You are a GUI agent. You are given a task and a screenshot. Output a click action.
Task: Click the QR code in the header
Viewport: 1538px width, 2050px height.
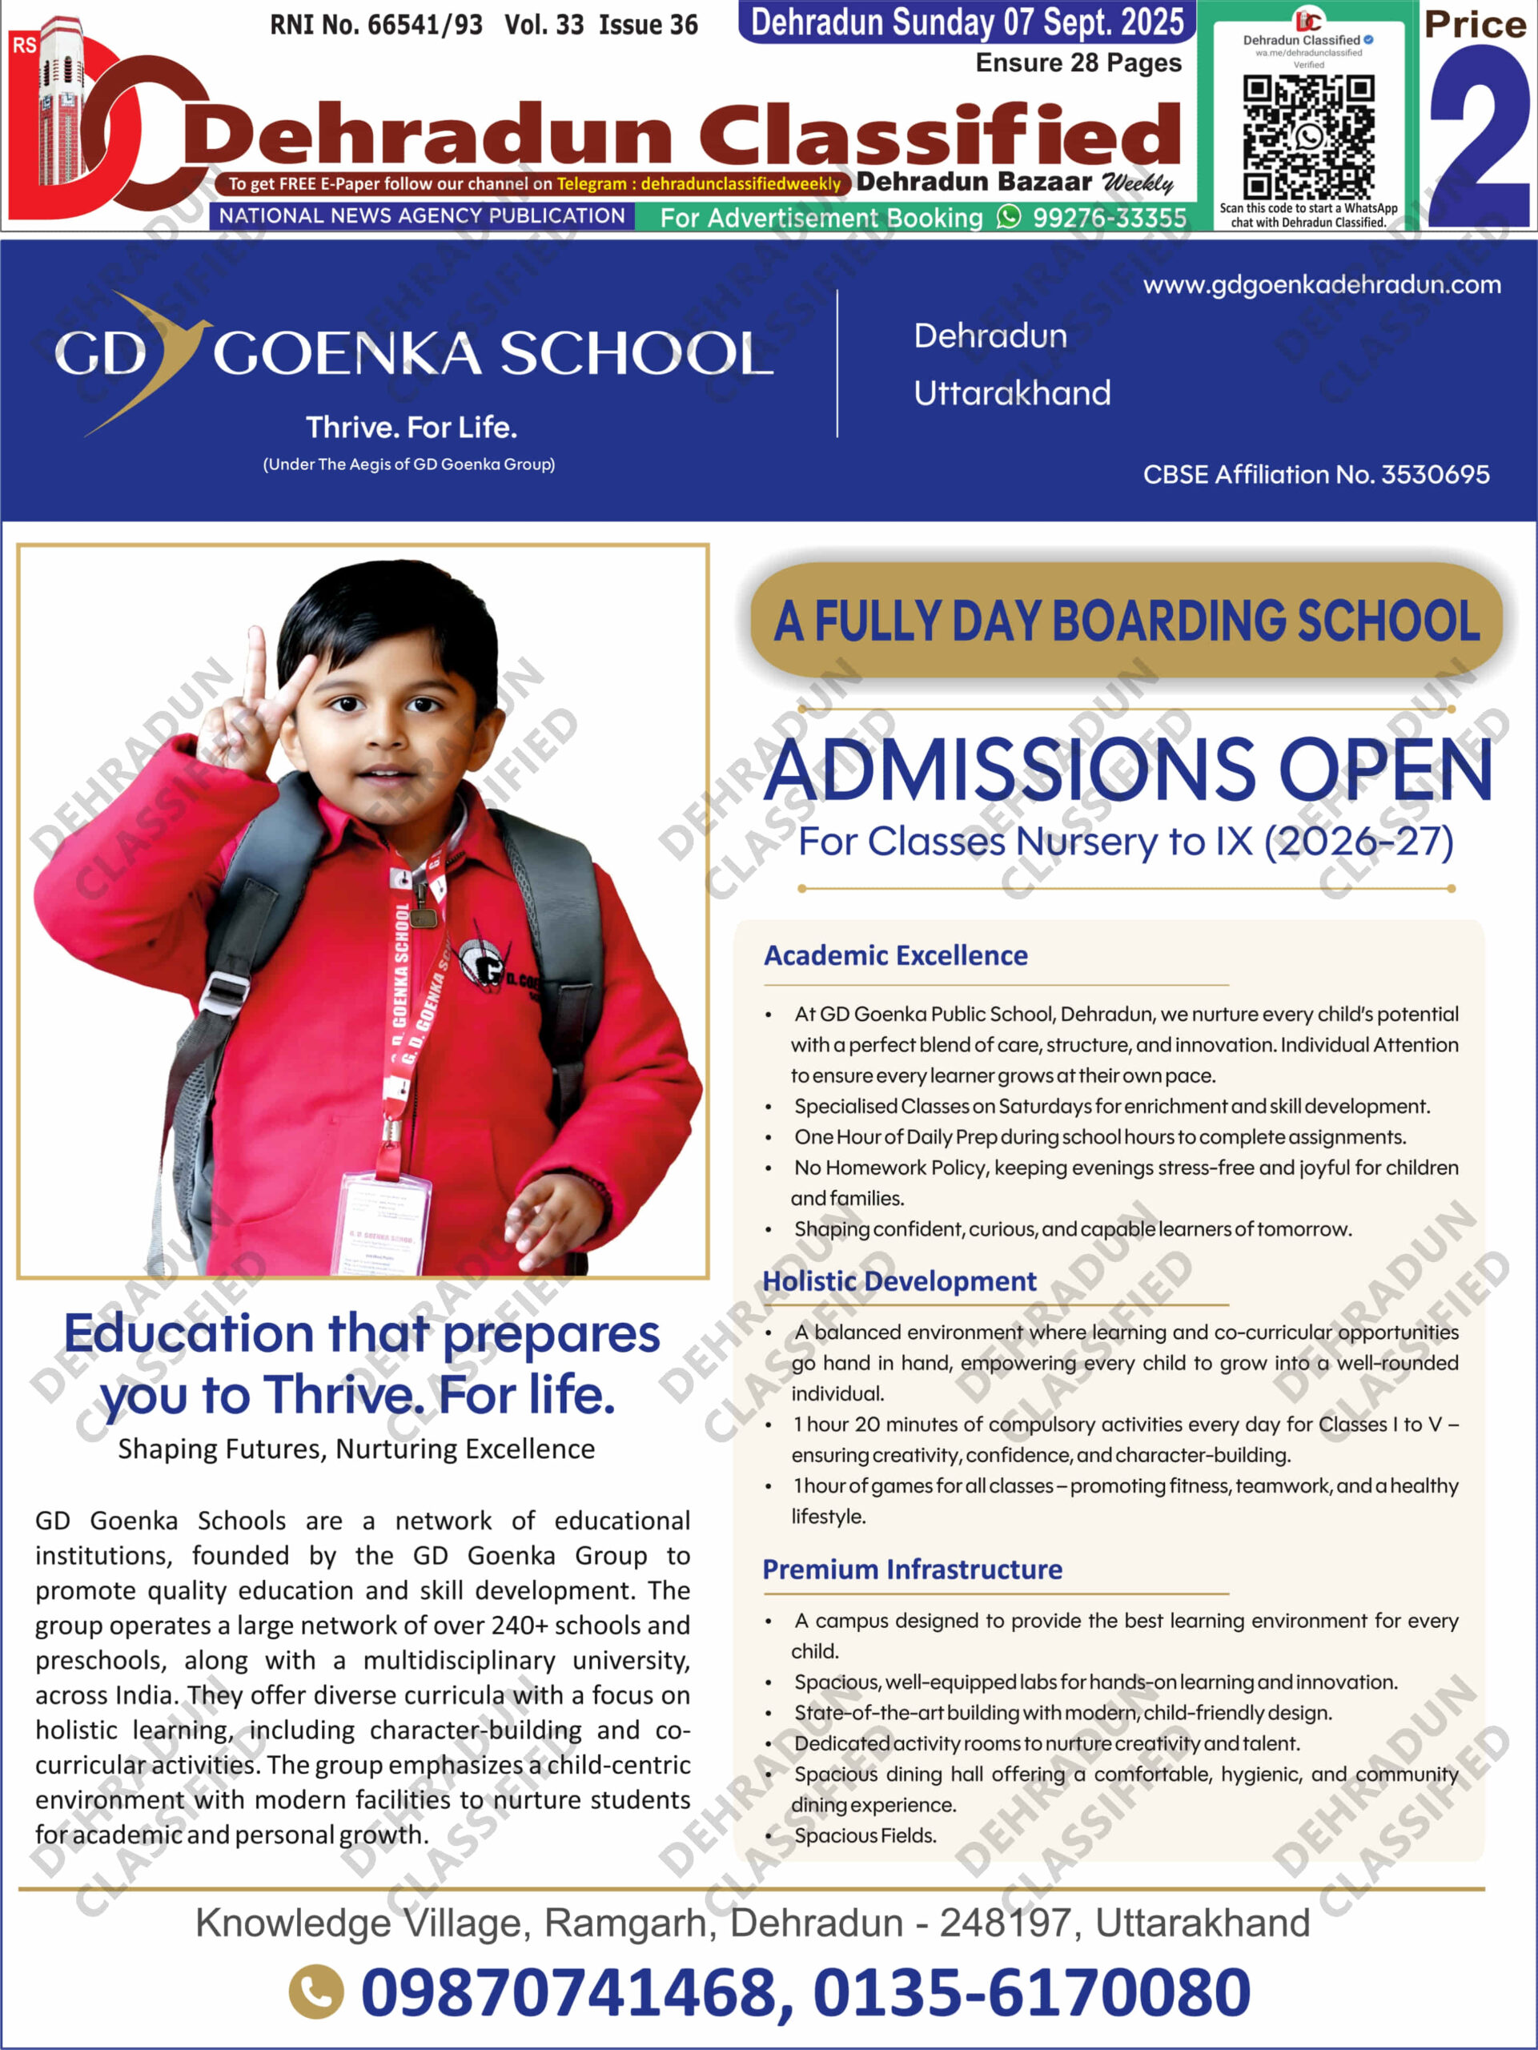(x=1308, y=137)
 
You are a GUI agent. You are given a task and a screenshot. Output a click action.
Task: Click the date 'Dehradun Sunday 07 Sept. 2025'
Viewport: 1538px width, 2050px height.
(x=966, y=22)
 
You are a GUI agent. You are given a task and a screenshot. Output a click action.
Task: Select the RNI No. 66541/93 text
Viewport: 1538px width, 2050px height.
(x=376, y=25)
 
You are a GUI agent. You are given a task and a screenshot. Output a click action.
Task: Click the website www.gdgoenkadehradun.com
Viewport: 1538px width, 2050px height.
(x=1321, y=284)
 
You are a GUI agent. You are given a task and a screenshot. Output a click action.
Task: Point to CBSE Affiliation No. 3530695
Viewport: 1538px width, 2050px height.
(x=1315, y=475)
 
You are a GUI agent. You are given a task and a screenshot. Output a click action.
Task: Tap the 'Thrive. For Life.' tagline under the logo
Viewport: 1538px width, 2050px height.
(x=412, y=428)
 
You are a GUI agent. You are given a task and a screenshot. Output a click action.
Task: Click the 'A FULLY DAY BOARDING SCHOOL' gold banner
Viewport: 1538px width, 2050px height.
(x=1126, y=620)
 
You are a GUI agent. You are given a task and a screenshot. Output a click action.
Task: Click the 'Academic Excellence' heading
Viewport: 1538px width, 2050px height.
(x=895, y=955)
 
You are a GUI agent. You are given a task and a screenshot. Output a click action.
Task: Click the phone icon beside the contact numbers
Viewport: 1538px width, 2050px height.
(x=316, y=1992)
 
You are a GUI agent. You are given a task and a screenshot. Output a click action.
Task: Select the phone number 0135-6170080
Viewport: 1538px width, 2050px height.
(x=1031, y=1992)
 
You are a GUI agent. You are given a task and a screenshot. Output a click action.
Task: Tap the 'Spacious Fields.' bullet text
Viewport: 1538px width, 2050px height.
(x=865, y=1835)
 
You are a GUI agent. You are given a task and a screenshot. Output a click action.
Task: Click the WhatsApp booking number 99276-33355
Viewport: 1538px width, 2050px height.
(x=1109, y=218)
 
